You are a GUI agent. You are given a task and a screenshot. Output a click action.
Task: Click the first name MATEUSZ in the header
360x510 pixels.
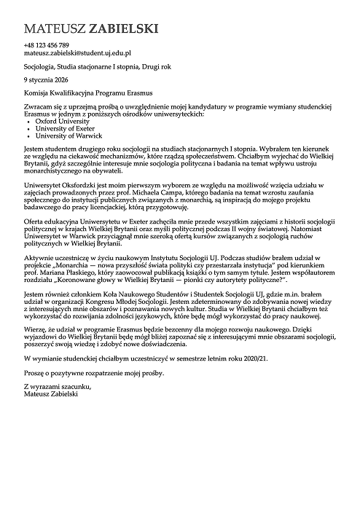tap(54, 30)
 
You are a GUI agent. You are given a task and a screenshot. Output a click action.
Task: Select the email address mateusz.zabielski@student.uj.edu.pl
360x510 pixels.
tap(77, 53)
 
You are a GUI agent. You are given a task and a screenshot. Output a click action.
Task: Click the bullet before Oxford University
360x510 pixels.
tap(28, 121)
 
